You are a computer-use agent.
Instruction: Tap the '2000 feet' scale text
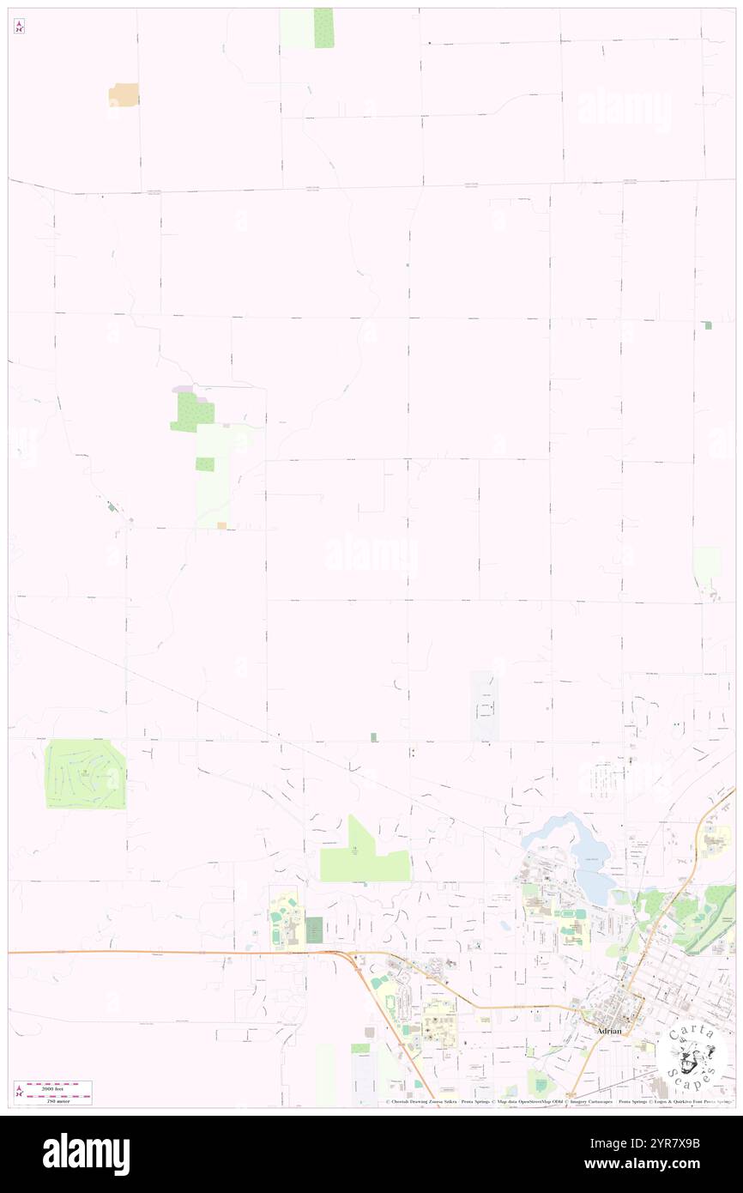point(59,1086)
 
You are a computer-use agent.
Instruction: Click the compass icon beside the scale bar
point(19,1092)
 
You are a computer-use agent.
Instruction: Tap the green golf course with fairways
point(85,774)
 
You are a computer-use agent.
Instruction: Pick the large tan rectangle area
point(124,95)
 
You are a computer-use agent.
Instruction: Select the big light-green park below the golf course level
point(360,858)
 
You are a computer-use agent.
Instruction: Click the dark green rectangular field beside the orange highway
point(314,930)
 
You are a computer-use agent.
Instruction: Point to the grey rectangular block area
point(484,706)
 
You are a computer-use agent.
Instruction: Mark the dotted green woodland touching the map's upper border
point(323,27)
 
